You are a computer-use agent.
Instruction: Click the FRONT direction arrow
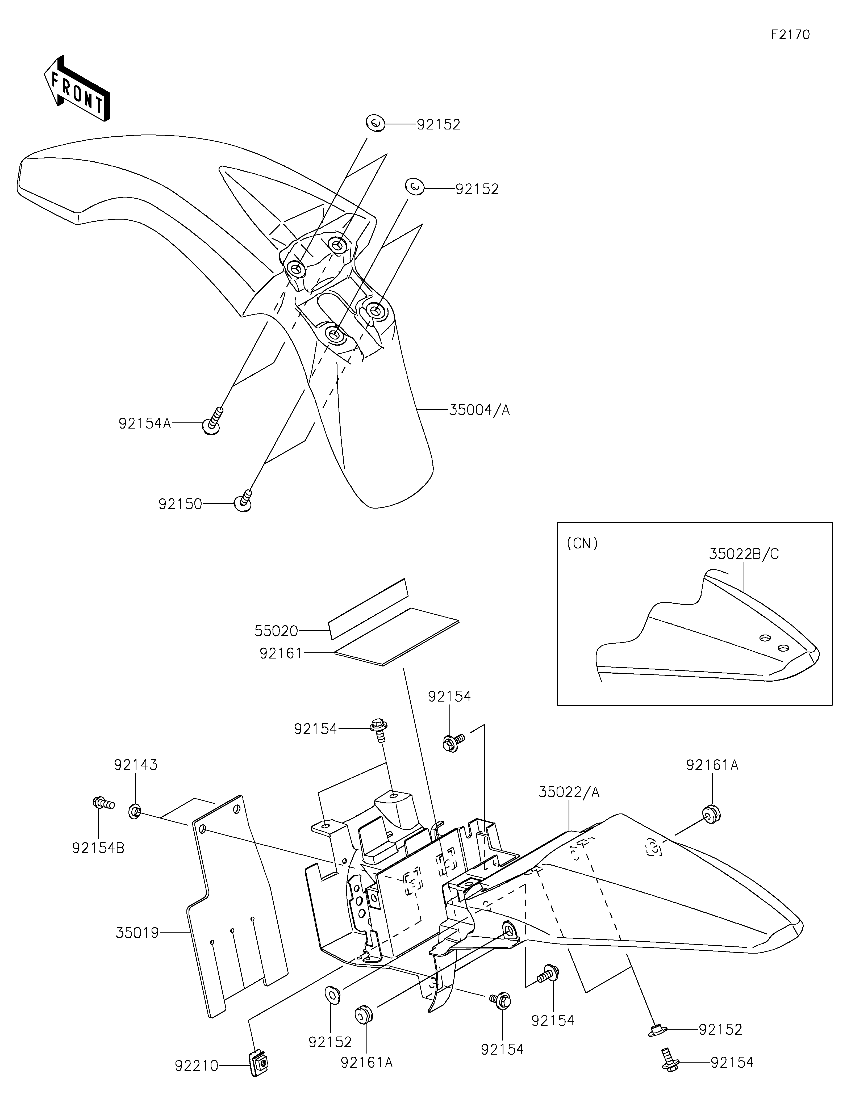77,89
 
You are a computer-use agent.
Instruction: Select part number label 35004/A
479,410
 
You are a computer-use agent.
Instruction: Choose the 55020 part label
276,631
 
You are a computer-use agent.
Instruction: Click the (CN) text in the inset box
582,544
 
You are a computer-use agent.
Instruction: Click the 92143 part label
136,765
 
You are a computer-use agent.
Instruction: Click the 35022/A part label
569,792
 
